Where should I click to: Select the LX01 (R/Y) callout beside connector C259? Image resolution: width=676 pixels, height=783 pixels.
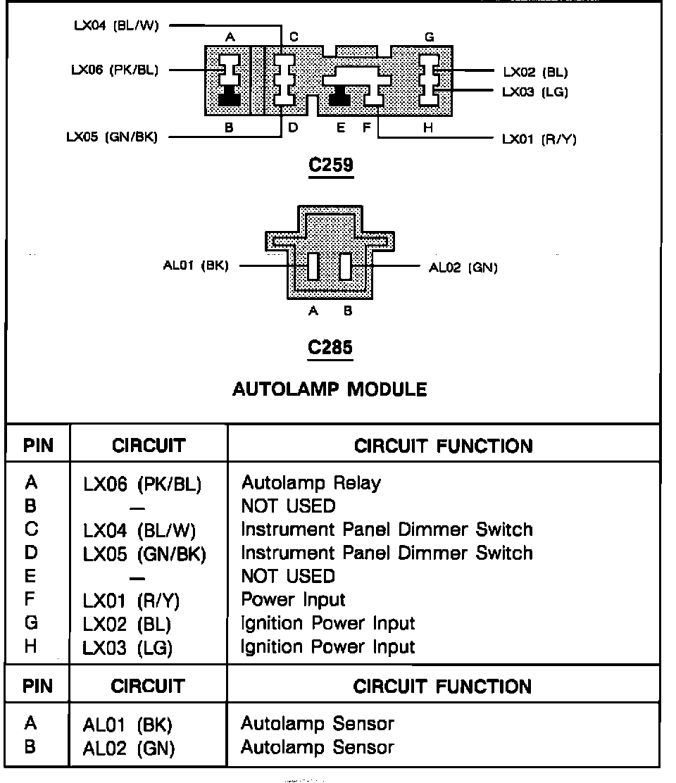[x=539, y=139]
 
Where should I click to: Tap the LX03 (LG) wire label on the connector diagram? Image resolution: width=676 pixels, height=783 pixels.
[x=535, y=92]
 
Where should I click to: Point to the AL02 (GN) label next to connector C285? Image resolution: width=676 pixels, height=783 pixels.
[x=463, y=268]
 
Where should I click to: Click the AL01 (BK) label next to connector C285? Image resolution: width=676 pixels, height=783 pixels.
[x=194, y=266]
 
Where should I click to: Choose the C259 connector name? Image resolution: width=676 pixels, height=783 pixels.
[x=331, y=166]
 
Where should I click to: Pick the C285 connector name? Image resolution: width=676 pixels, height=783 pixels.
[x=331, y=347]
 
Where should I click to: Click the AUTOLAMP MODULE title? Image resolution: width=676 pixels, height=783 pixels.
[x=330, y=389]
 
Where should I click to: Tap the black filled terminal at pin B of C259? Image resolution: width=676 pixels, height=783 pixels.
[x=230, y=99]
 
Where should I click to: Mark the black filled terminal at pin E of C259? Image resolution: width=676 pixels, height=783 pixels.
[x=341, y=99]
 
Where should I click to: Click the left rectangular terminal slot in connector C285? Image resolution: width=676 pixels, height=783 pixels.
[x=314, y=267]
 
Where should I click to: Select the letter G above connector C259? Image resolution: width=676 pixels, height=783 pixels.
[x=428, y=37]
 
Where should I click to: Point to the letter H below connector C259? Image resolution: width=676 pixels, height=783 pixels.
[x=428, y=127]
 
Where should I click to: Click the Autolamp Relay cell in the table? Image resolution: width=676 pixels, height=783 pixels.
[x=311, y=483]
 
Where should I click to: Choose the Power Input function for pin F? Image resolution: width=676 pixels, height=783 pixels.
[x=293, y=600]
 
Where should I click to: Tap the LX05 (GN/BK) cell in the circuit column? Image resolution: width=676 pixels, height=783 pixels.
[x=144, y=553]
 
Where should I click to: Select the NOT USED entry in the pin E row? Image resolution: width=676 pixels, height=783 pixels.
[x=288, y=577]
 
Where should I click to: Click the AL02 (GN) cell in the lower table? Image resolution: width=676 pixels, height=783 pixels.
[x=128, y=748]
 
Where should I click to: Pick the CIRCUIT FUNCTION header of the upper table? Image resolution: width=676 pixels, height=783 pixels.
[x=444, y=446]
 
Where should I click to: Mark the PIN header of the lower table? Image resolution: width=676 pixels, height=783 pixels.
[x=38, y=686]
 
